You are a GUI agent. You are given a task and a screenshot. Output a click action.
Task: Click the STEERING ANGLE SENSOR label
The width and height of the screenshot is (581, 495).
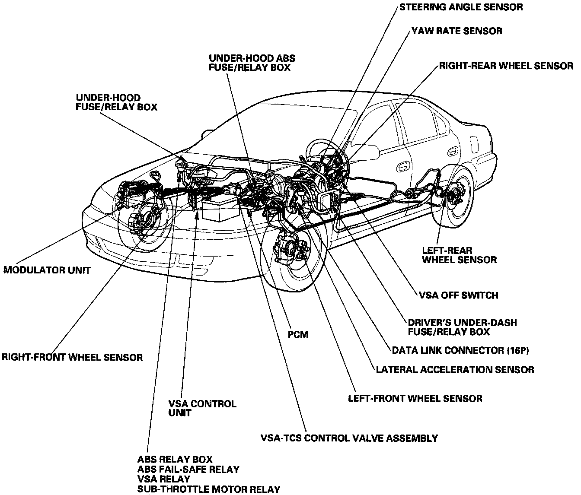[x=461, y=7]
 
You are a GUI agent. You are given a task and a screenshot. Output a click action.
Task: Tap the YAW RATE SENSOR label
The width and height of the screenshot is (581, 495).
[x=456, y=31]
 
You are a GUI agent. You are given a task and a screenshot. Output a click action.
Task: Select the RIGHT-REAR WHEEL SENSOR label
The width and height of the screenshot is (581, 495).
[x=506, y=66]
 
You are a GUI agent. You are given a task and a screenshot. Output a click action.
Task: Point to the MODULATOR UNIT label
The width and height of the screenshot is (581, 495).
[x=47, y=270]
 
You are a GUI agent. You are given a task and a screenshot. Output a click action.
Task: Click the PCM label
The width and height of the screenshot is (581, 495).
[x=298, y=334]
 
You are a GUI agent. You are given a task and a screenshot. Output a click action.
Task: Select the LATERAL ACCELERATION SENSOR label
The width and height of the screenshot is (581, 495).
[x=455, y=370]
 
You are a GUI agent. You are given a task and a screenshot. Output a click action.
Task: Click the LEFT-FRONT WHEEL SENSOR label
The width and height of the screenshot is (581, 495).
[x=415, y=398]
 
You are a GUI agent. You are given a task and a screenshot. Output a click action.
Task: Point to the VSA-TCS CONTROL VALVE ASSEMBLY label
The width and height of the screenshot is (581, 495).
[x=349, y=438]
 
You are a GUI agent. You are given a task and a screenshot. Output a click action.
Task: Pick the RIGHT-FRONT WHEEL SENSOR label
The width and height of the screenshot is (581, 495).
[x=72, y=358]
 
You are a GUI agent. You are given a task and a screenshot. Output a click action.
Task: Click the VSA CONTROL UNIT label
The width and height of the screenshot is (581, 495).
[x=202, y=408]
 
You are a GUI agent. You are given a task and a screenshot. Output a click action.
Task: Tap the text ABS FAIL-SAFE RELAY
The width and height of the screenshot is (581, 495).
[x=188, y=470]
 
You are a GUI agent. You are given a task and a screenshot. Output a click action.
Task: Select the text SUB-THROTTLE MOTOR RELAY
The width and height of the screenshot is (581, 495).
[x=209, y=489]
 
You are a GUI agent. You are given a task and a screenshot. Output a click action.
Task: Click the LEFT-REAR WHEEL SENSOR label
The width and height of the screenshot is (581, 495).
[x=459, y=255]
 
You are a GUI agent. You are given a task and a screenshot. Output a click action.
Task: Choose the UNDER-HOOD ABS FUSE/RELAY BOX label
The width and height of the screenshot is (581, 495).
[x=252, y=63]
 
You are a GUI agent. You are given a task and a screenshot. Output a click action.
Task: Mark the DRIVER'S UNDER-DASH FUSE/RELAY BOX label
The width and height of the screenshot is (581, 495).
[x=462, y=327]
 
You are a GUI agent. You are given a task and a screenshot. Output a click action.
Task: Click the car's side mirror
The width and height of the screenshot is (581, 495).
[x=367, y=152]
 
